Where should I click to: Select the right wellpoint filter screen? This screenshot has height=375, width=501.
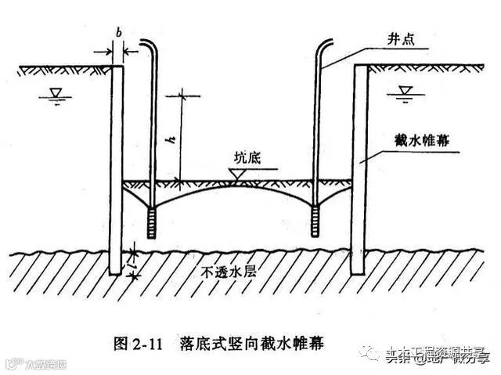pyautogui.click(x=315, y=222)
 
